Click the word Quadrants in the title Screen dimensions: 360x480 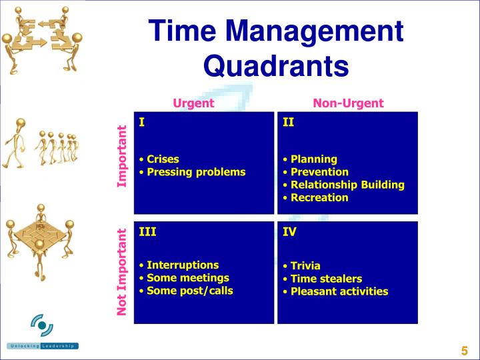click(276, 65)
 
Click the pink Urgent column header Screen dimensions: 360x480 click(193, 103)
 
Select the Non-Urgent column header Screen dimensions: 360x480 click(348, 103)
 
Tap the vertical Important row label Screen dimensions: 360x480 click(122, 157)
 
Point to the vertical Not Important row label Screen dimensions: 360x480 click(122, 272)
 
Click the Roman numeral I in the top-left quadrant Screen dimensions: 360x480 click(142, 122)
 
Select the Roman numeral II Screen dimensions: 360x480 click(288, 122)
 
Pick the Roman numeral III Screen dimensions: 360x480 click(147, 232)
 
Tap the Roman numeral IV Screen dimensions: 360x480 click(289, 232)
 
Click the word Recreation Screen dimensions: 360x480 click(319, 197)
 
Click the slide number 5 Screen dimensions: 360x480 click(464, 351)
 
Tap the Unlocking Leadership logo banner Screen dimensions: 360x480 click(43, 346)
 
